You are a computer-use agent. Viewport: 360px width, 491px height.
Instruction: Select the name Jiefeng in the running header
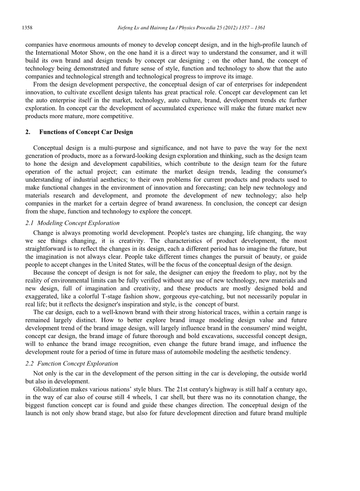126,28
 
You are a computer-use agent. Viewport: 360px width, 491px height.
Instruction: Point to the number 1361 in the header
259,28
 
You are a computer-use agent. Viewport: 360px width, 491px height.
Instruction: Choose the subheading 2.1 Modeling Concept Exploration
72,223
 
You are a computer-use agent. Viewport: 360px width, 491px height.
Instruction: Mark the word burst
231,304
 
